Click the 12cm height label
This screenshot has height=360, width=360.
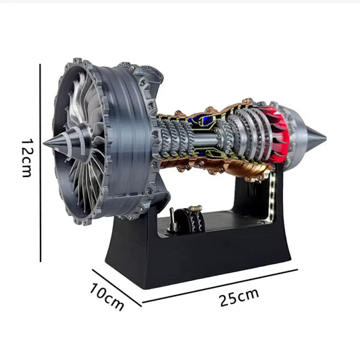pyautogui.click(x=26, y=158)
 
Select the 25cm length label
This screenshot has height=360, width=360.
pyautogui.click(x=239, y=298)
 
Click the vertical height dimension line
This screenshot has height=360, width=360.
pyautogui.click(x=41, y=162)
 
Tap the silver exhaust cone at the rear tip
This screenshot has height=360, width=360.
pyautogui.click(x=312, y=140)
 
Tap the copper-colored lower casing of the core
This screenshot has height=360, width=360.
pyautogui.click(x=223, y=166)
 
